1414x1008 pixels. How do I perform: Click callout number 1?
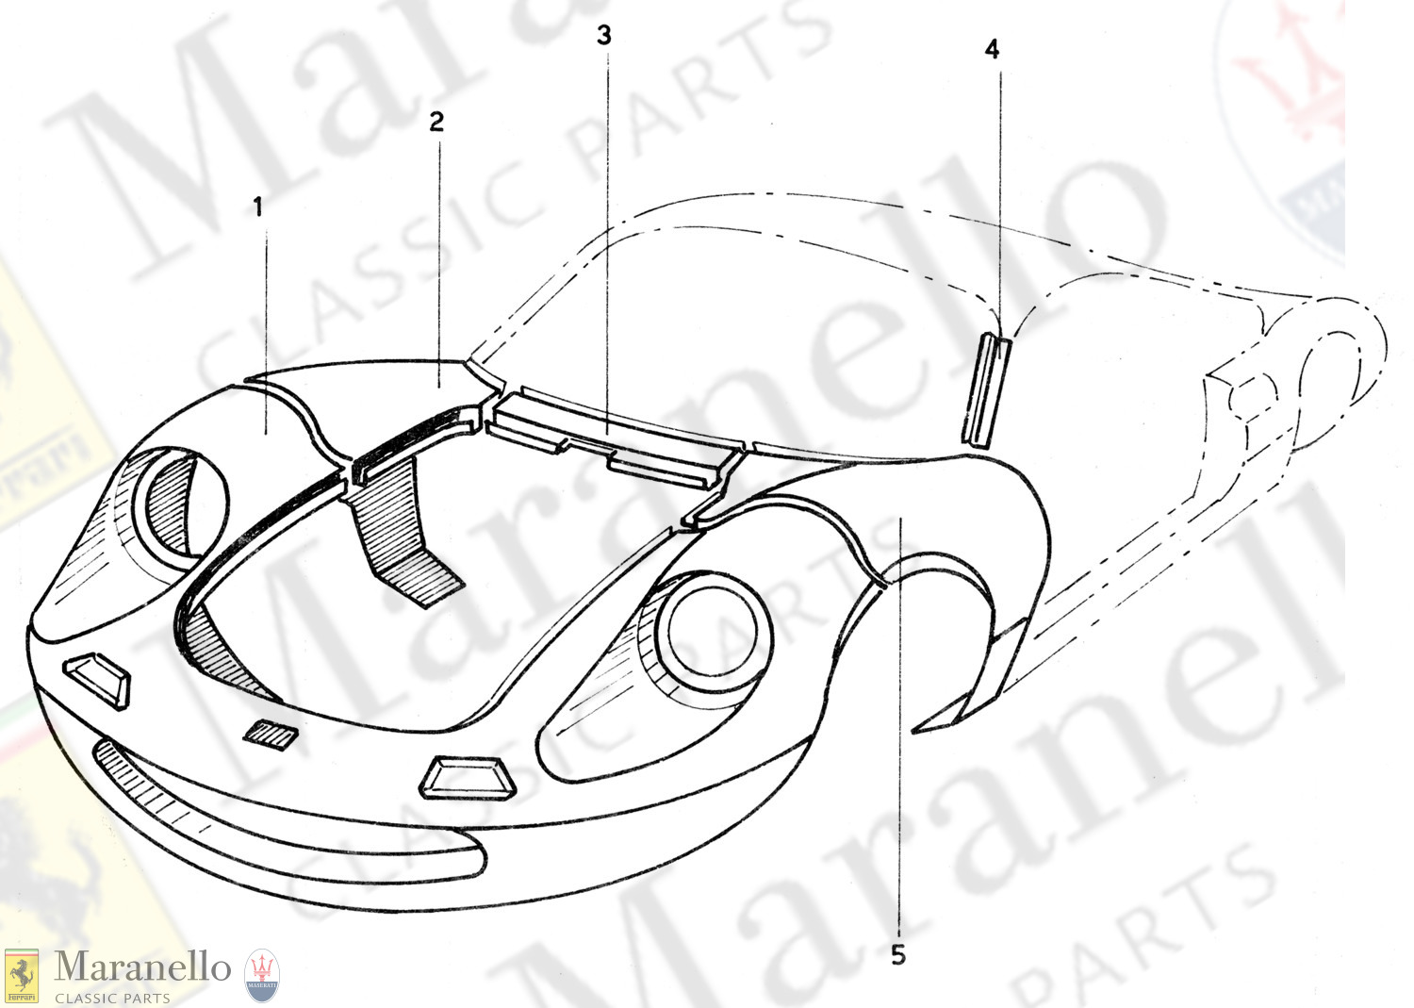tap(258, 207)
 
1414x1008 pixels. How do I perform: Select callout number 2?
tap(436, 122)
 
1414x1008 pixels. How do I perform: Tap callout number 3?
tap(604, 36)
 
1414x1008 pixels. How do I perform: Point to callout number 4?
tap(992, 49)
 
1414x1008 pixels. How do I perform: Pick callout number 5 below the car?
tap(898, 955)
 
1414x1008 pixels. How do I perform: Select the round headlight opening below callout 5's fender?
tap(714, 632)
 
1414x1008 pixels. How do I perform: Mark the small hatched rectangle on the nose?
tap(271, 735)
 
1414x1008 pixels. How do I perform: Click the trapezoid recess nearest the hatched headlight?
tap(96, 680)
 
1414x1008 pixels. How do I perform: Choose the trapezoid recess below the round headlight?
tap(468, 780)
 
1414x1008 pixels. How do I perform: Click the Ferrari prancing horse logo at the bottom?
tap(22, 976)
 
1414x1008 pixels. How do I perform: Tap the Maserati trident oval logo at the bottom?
tap(261, 975)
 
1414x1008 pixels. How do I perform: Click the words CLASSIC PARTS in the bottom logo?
tap(112, 998)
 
